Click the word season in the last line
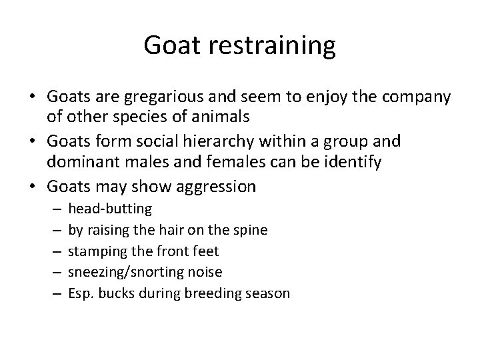pos(268,293)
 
